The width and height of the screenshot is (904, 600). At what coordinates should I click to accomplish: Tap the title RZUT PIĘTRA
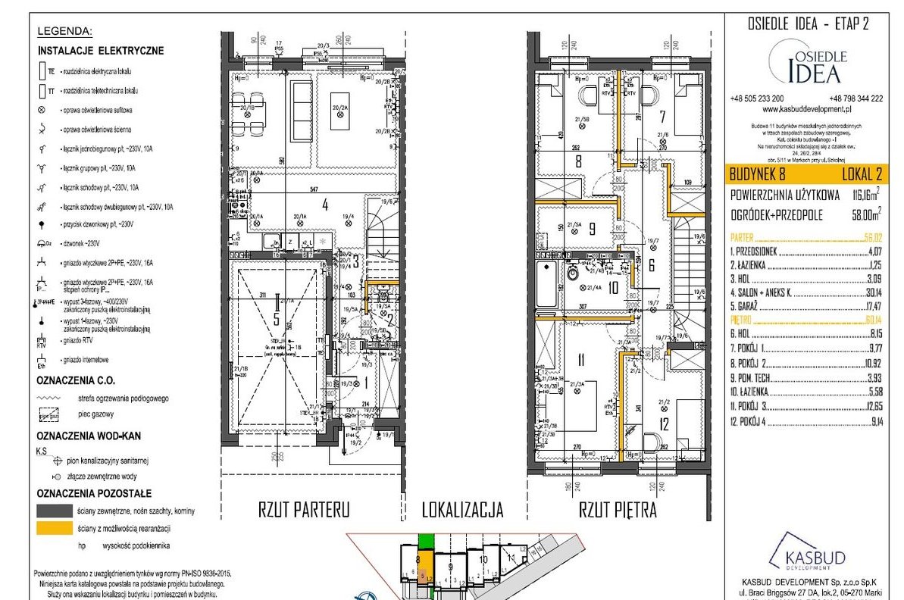coord(618,510)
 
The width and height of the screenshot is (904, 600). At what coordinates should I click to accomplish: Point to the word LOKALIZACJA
coord(462,510)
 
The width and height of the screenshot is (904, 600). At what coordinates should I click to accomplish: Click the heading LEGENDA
coord(64,32)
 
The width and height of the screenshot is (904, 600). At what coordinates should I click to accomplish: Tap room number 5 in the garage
coord(276,320)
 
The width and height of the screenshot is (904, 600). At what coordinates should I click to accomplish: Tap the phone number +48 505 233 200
coord(757,98)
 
